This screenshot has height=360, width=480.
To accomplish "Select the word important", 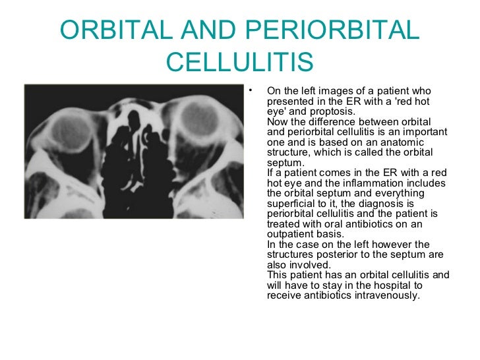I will pos(421,132).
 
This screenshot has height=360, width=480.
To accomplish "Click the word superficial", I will pos(287,203).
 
